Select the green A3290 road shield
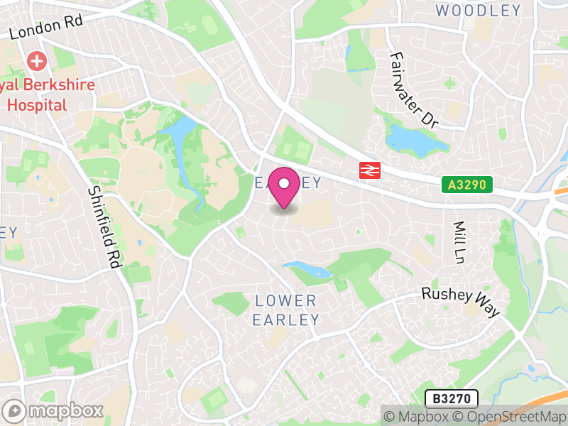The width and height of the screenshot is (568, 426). tap(466, 185)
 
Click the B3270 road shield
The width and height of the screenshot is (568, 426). tap(451, 398)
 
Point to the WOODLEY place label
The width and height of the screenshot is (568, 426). tap(478, 11)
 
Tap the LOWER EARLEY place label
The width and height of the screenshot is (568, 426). tap(286, 310)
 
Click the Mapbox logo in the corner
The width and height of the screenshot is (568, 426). tap(54, 410)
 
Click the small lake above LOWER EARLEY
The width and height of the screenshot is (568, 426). tap(307, 270)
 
